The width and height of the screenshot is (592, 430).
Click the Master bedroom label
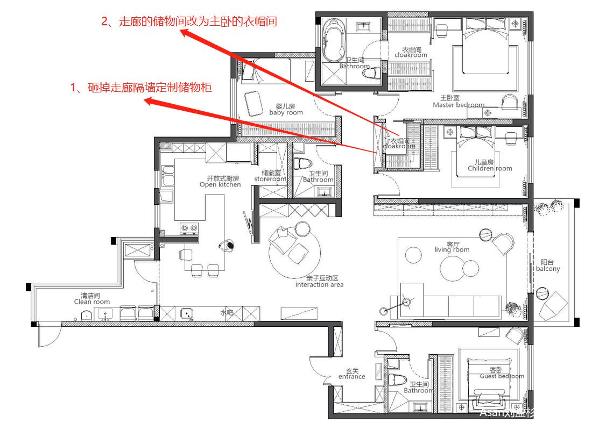click(459, 102)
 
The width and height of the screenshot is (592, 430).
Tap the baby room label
click(286, 109)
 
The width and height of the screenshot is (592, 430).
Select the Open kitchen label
click(220, 181)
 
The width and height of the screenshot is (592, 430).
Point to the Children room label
click(490, 165)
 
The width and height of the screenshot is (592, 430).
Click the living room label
click(452, 247)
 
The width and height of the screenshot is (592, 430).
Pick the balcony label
click(547, 266)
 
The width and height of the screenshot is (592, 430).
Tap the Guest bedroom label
click(502, 373)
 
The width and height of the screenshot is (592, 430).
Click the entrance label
click(351, 374)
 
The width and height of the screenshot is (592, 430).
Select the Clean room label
click(91, 299)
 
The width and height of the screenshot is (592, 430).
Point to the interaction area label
click(319, 281)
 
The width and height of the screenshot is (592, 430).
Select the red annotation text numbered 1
click(142, 88)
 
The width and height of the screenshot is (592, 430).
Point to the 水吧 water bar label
click(226, 312)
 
